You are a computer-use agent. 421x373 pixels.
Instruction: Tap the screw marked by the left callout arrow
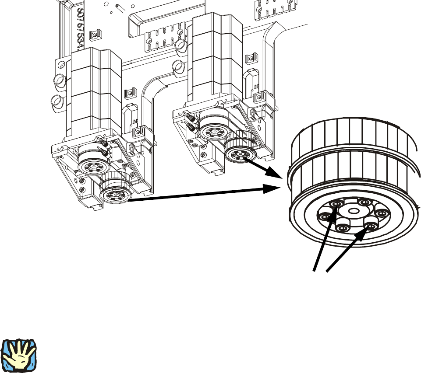tap(336, 204)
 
